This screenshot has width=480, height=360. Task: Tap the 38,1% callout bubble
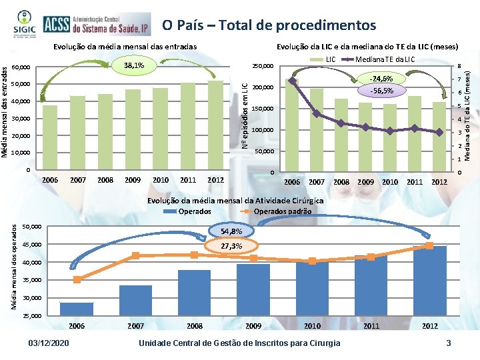point(134,65)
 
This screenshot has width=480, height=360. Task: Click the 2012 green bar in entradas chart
point(215,125)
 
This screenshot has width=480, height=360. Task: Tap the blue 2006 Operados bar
point(77,309)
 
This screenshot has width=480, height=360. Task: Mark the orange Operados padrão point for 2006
point(77,279)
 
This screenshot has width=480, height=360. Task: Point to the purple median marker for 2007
point(316,114)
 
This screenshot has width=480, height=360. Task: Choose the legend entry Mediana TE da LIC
point(384,59)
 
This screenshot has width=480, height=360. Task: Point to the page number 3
point(449,343)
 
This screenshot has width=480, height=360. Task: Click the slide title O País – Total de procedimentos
point(269,25)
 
